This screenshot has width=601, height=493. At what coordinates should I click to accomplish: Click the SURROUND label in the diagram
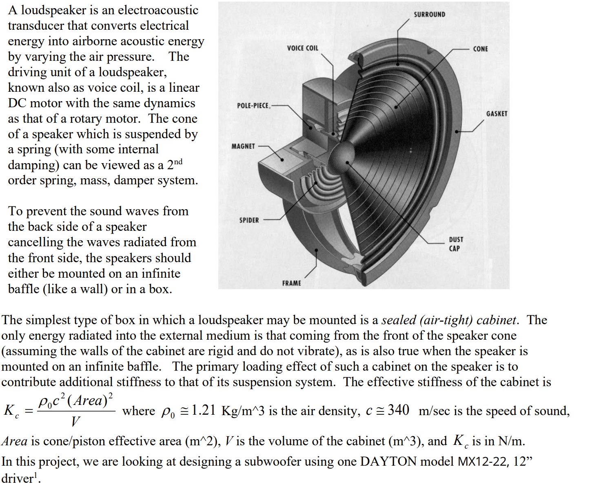(x=429, y=15)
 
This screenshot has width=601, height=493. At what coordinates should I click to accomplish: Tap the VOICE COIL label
(x=302, y=48)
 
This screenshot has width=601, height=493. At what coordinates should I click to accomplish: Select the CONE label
(x=480, y=49)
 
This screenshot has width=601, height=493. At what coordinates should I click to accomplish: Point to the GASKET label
(x=497, y=114)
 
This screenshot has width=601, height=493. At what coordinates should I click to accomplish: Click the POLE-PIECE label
(x=253, y=106)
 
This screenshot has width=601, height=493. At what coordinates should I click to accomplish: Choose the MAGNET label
(x=243, y=146)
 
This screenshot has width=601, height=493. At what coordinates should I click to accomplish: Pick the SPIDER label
(x=249, y=220)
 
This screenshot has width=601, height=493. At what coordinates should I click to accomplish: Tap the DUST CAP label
(x=456, y=244)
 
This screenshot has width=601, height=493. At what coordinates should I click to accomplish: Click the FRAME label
(x=291, y=283)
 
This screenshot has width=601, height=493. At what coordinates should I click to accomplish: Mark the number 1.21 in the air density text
(x=203, y=410)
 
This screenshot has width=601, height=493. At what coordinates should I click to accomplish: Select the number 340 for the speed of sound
(x=398, y=410)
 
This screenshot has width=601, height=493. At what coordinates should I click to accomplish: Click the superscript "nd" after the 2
(x=178, y=161)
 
